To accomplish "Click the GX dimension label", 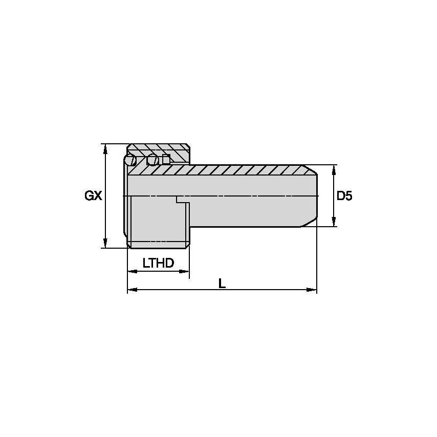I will [94, 196].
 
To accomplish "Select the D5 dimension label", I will [344, 195].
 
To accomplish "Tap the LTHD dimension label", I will [158, 264].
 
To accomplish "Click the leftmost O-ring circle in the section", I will [130, 160].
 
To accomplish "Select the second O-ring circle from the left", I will [152, 160].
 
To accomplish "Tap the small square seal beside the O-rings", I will [166, 159].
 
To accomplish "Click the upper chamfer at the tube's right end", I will [310, 170].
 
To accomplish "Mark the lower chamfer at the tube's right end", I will [310, 222].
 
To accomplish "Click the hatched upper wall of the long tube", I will [246, 170].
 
